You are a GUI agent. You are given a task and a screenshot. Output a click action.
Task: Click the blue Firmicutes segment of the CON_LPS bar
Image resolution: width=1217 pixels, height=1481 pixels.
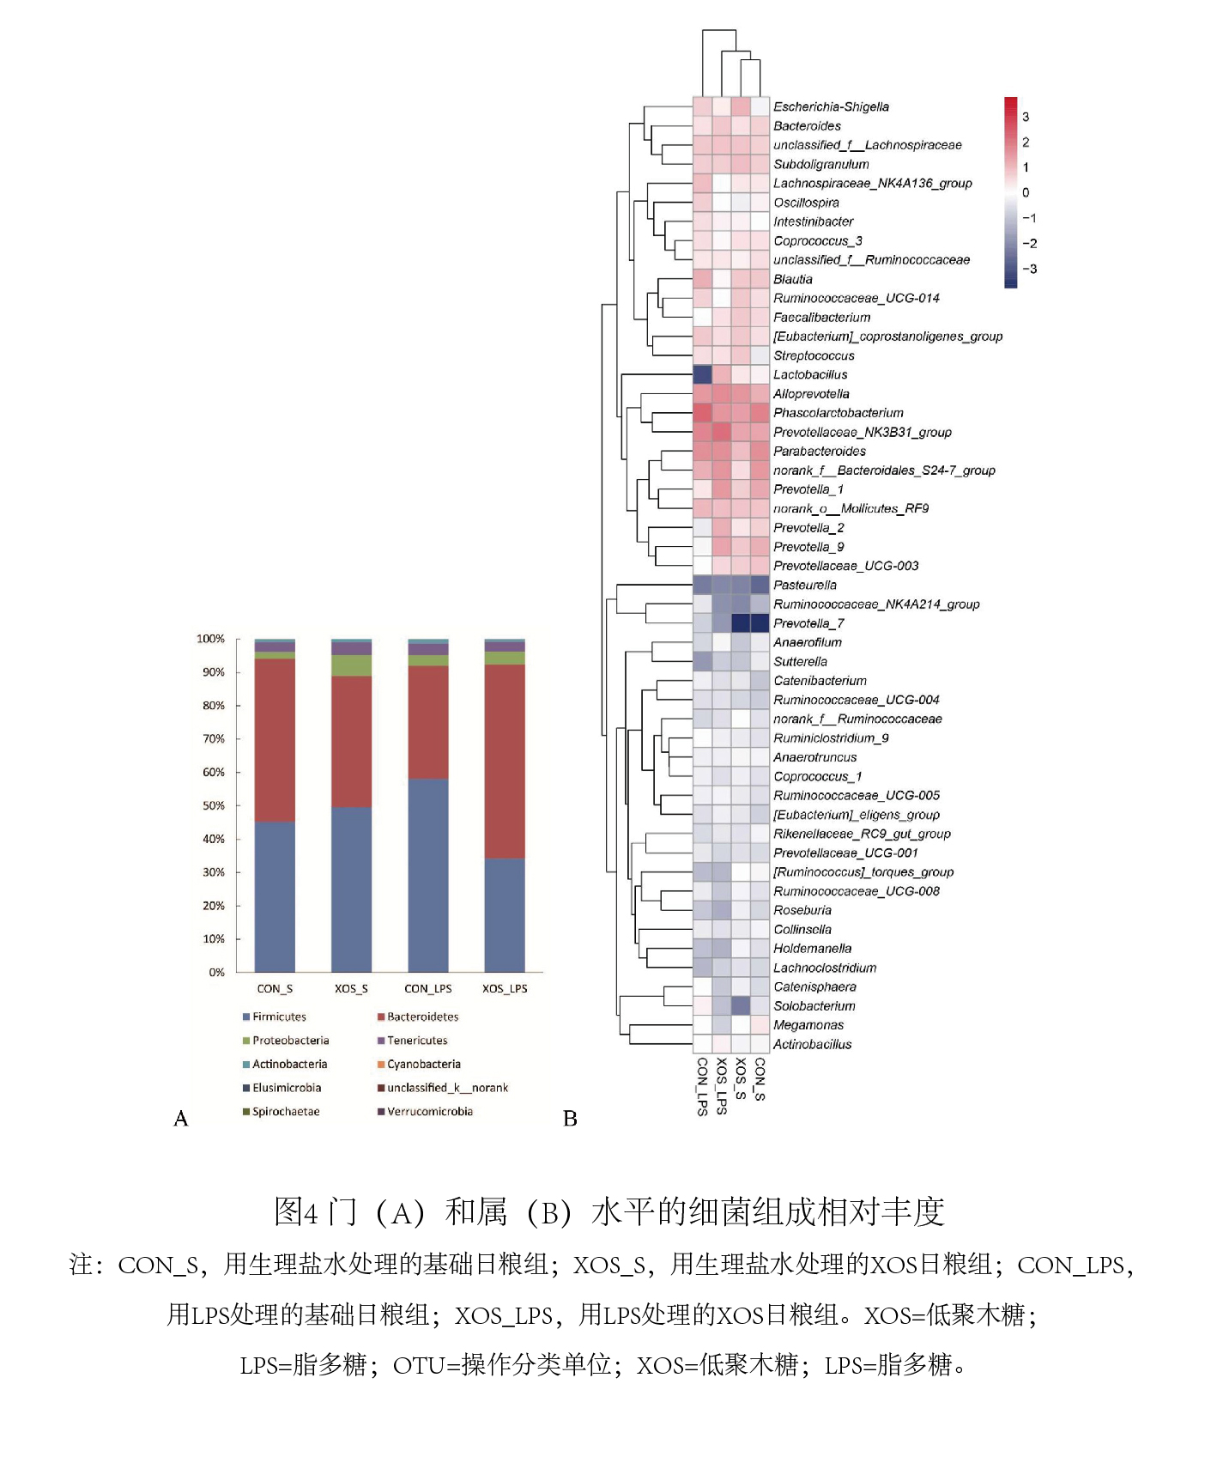[427, 875]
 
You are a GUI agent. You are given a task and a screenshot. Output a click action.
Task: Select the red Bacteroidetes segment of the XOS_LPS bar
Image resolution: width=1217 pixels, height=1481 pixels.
[505, 762]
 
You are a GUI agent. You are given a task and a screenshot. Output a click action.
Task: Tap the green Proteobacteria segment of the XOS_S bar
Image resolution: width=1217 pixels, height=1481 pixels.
[351, 665]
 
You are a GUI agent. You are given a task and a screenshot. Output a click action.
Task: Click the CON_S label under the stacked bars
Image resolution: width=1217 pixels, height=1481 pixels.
[275, 988]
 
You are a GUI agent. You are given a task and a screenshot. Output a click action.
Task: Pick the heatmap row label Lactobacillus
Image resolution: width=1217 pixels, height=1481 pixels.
[810, 375]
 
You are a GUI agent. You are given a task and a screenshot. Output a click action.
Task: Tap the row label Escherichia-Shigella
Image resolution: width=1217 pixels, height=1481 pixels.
[831, 107]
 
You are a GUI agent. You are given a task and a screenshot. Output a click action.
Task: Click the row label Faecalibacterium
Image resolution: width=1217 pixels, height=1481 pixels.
[821, 318]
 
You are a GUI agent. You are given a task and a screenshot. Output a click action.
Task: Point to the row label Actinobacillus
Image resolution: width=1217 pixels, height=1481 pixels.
[812, 1045]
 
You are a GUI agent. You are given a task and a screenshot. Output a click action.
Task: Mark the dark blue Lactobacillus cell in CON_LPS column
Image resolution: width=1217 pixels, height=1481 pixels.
[703, 374]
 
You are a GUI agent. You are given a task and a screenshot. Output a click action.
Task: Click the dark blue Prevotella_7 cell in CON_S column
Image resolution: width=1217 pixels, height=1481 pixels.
[760, 623]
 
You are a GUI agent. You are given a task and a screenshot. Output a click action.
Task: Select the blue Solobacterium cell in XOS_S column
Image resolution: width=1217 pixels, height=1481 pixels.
[741, 1005]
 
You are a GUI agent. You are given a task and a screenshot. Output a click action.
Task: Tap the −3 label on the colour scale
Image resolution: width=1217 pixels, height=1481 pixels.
[1029, 269]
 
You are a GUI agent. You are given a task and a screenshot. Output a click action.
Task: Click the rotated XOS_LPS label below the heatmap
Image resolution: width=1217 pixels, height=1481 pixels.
[722, 1086]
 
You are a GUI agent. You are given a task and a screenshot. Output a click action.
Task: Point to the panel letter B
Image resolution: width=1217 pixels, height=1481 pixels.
[570, 1119]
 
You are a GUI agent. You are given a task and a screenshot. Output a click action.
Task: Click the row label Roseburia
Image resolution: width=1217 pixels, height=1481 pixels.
[802, 911]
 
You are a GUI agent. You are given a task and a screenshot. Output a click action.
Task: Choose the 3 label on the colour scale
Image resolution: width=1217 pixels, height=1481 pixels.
[1026, 117]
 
